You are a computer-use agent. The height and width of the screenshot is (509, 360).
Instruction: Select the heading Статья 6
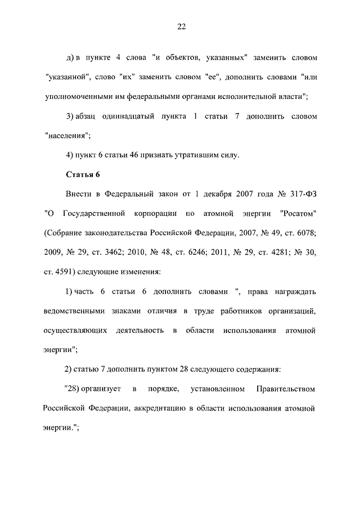pyautogui.click(x=83, y=174)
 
